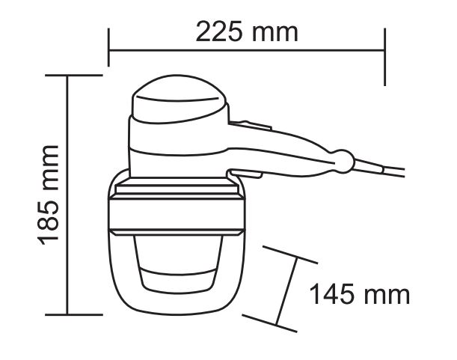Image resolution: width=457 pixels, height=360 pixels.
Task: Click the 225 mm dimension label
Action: click(x=247, y=31)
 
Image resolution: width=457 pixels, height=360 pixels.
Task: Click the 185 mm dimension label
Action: click(x=48, y=195)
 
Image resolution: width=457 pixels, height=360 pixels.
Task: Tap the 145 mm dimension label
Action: click(x=359, y=294)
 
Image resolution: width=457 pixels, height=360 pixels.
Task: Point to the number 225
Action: click(x=219, y=31)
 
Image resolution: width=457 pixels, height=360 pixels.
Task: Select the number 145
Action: click(x=331, y=294)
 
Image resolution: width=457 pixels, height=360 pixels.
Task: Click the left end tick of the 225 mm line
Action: click(x=108, y=47)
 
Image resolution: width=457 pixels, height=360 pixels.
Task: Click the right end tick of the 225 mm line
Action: click(x=385, y=57)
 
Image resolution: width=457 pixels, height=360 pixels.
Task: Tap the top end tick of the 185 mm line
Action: click(x=74, y=76)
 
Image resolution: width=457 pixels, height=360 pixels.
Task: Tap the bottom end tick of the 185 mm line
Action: click(x=74, y=315)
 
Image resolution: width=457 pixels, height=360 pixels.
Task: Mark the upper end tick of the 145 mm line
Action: click(x=290, y=255)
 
